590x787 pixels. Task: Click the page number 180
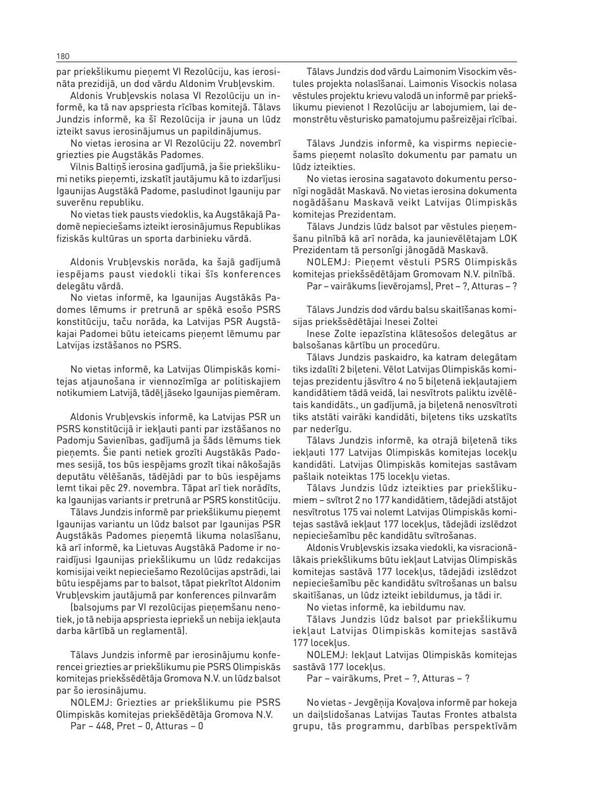(x=63, y=56)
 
